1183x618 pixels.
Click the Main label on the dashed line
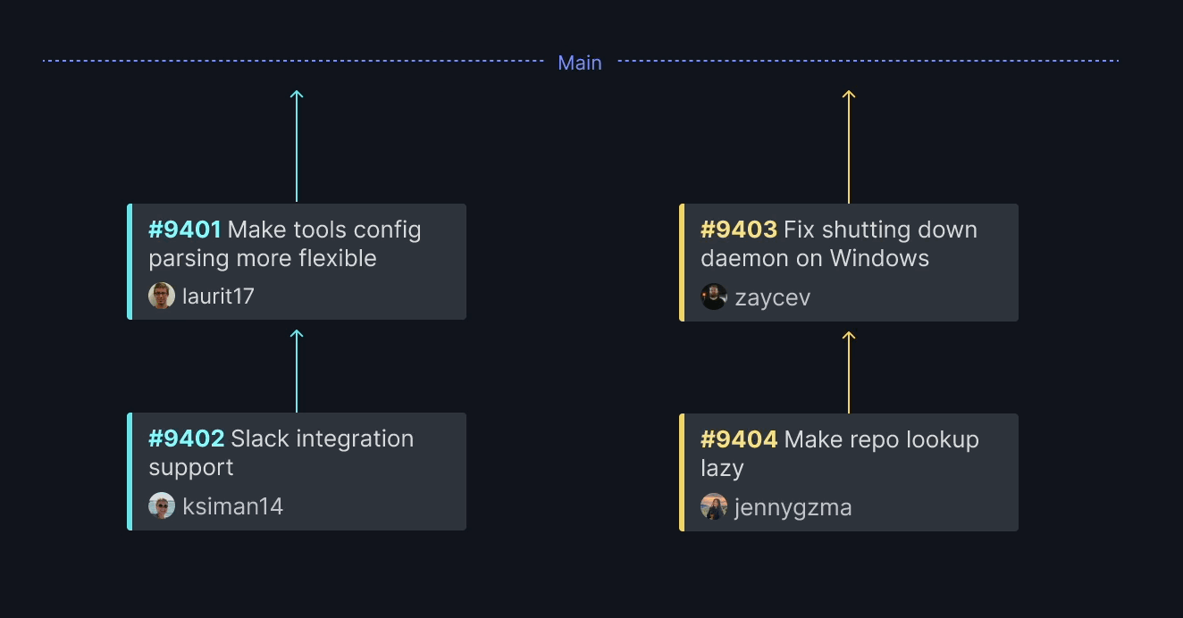point(580,63)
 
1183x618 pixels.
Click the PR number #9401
point(184,230)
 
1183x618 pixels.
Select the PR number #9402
point(187,438)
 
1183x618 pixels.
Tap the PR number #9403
point(739,230)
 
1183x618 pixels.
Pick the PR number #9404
point(739,439)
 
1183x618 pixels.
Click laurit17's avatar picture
point(162,296)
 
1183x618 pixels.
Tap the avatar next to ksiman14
point(162,505)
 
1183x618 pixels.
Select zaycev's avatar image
point(714,296)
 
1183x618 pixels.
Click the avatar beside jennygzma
point(714,506)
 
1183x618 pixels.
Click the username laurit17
point(218,296)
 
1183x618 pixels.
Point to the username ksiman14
point(233,506)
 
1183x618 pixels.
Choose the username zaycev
point(773,298)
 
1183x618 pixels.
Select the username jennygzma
point(793,508)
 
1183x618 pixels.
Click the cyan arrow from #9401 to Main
point(297,146)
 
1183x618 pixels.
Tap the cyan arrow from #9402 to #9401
point(297,371)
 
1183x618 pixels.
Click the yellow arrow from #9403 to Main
point(849,146)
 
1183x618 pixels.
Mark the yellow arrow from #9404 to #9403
point(849,372)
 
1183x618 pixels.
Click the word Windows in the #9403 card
point(879,259)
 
